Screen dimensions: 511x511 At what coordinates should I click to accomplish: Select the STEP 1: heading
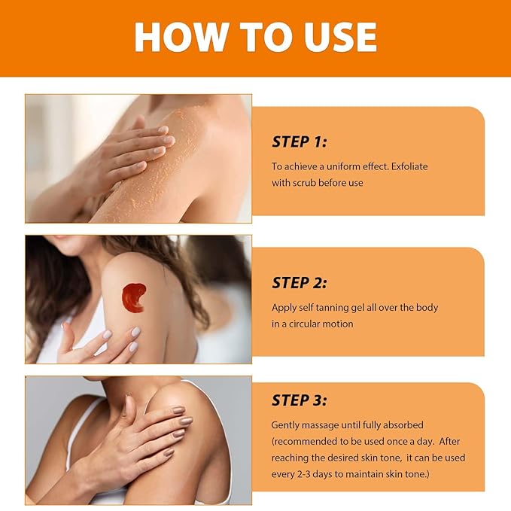click(x=300, y=141)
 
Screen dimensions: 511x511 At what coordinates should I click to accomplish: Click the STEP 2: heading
click(x=300, y=283)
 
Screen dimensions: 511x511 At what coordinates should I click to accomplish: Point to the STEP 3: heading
click(x=300, y=400)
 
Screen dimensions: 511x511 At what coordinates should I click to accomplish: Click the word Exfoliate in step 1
click(x=409, y=166)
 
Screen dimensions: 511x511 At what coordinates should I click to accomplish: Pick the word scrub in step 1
click(x=304, y=183)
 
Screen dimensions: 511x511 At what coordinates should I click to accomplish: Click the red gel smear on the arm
click(x=134, y=297)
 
